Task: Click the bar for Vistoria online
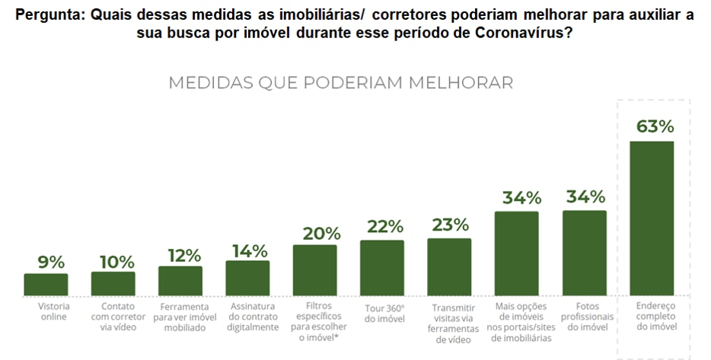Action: pos(46,284)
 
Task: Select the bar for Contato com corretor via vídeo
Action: pos(113,283)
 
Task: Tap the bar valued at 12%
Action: pos(180,280)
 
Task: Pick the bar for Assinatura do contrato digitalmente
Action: pos(247,278)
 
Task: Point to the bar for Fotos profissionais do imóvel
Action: pos(585,253)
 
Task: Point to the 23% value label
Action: pos(449,226)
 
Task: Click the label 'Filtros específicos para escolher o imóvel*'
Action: pos(314,322)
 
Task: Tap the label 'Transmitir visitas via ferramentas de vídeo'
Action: pos(449,322)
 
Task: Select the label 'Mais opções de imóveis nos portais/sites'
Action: pos(517,322)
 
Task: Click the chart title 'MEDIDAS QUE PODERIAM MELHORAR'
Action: pos(340,82)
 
